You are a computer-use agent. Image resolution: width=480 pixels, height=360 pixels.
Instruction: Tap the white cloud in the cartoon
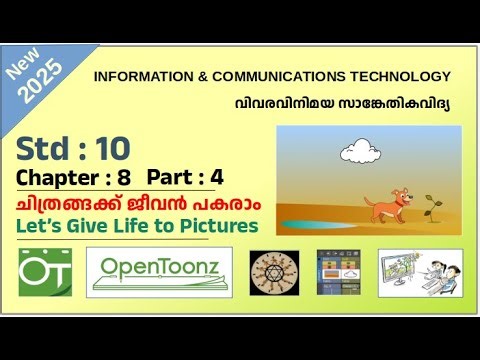[x=357, y=152]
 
